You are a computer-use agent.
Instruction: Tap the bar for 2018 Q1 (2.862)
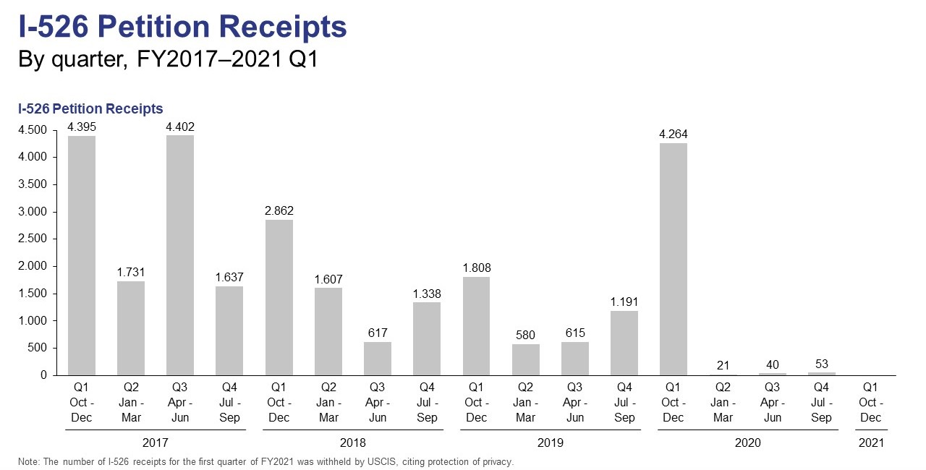coord(279,297)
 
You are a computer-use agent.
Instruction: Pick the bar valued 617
coord(378,358)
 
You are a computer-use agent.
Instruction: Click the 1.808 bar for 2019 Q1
coord(476,325)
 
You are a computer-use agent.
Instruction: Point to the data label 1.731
coord(131,273)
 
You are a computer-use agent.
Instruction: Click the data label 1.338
coord(427,294)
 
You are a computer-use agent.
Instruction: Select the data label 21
coord(723,365)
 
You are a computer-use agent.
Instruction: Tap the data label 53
coord(821,364)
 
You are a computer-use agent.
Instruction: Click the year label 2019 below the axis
coord(551,443)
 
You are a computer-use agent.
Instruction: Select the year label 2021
coord(870,443)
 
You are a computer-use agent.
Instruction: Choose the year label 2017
coord(156,443)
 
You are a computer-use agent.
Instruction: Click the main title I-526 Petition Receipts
coord(182,27)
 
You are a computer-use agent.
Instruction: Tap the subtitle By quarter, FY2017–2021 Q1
coord(168,60)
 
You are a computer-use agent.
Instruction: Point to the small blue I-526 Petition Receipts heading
coord(90,108)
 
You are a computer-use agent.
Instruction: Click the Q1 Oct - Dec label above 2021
coord(870,403)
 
